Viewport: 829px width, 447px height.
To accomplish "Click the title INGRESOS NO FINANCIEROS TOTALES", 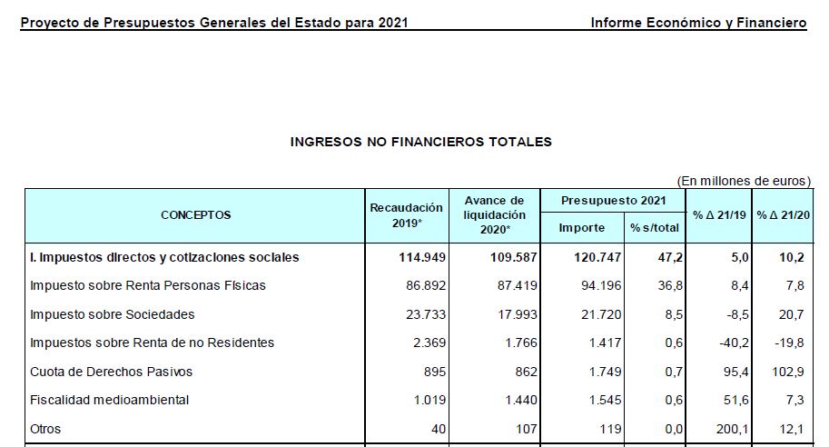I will point(420,142).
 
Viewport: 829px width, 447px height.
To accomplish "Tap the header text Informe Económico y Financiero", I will point(698,23).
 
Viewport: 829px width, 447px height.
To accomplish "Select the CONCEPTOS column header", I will point(195,215).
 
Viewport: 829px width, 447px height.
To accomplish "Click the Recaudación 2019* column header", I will point(406,215).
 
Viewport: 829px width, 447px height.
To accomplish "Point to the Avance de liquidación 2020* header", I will point(494,215).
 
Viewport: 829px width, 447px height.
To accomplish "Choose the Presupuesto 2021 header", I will point(613,200).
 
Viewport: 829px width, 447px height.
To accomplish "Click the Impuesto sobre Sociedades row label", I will point(113,314).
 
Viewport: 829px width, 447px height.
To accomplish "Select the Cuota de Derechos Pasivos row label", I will point(112,372).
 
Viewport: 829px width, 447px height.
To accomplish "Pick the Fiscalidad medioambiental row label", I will point(108,400).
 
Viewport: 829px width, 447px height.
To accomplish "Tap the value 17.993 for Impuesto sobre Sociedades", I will point(514,314).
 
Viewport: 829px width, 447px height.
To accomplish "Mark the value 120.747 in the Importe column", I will point(597,257).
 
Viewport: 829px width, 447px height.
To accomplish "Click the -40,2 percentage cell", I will point(733,343).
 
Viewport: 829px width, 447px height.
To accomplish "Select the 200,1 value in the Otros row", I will point(733,429).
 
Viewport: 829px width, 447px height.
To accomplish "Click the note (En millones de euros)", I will point(744,181).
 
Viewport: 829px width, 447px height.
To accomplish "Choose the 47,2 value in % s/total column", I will point(662,257).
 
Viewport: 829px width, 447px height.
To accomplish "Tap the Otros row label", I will point(45,429).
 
